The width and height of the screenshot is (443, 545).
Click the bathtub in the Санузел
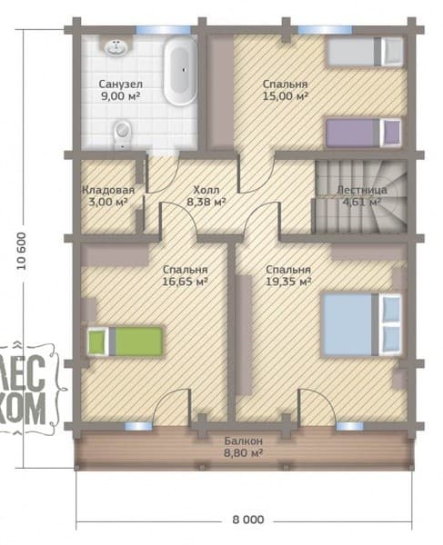tap(180, 72)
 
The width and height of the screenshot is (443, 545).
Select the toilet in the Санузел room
tap(122, 134)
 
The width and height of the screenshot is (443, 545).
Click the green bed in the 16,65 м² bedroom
tap(126, 342)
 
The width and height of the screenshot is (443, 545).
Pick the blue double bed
tap(362, 325)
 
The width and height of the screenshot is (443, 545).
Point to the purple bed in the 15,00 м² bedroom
tap(363, 133)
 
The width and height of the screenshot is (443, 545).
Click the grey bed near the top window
tap(365, 52)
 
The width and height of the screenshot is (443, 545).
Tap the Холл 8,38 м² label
tap(206, 195)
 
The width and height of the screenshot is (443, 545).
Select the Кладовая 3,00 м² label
tap(108, 195)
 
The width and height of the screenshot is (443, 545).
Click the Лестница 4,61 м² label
tap(362, 195)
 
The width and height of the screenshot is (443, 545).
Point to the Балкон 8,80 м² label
tap(243, 447)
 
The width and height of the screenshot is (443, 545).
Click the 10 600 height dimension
tap(22, 251)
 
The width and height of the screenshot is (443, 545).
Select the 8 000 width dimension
tap(248, 520)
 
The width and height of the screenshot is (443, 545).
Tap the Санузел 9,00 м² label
tap(120, 90)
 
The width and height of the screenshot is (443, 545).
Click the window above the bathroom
tap(163, 30)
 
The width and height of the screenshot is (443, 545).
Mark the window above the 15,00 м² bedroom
tap(325, 30)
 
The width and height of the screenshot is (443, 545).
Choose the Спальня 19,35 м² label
tap(288, 275)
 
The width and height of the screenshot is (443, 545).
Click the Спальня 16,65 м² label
tap(186, 275)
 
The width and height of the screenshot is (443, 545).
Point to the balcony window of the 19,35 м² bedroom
tap(349, 426)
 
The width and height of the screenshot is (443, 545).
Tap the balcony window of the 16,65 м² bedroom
tap(138, 426)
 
